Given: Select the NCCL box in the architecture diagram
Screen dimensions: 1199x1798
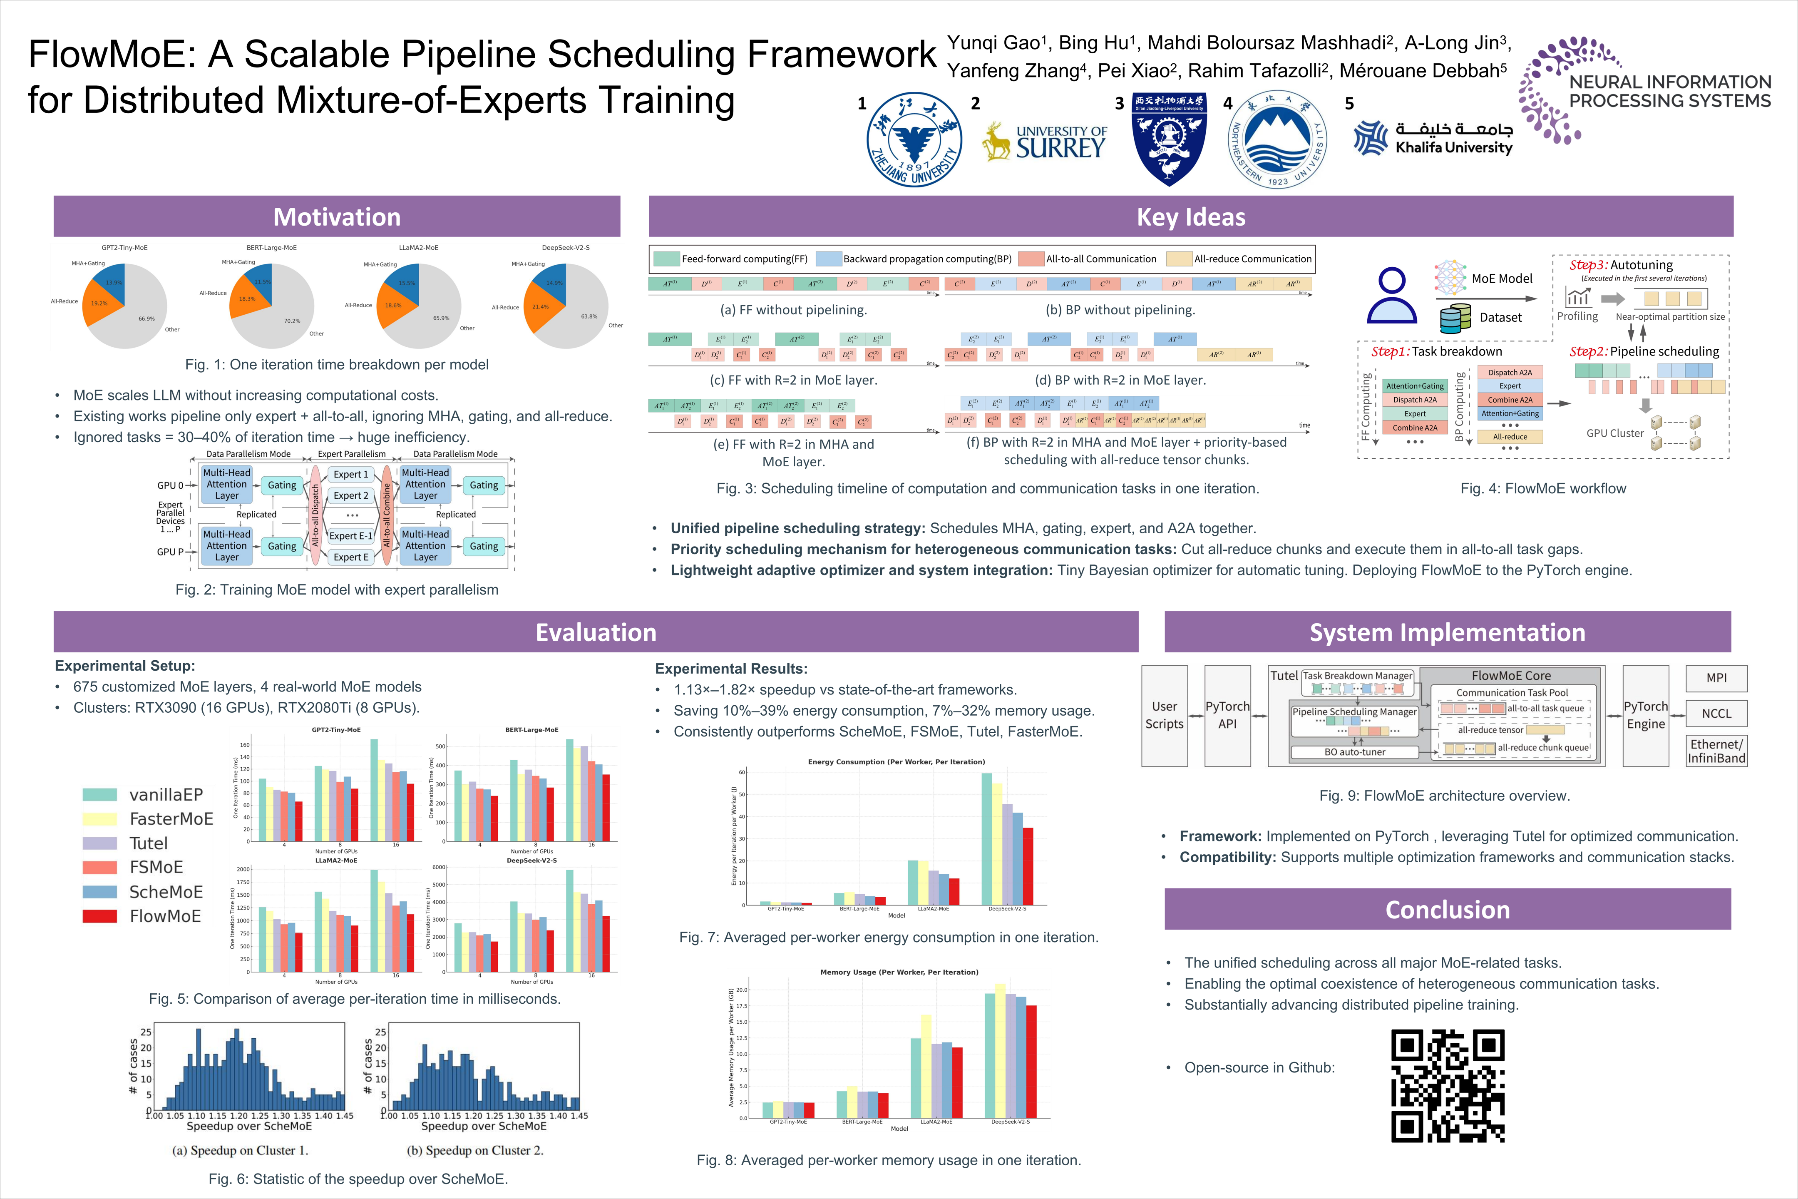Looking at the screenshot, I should pos(1716,714).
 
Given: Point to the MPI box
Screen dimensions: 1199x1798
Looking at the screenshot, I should pos(1716,677).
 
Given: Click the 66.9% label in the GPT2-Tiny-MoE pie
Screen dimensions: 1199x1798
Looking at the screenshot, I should pos(146,319).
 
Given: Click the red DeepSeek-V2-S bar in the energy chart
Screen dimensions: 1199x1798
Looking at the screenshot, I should pos(1028,866).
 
